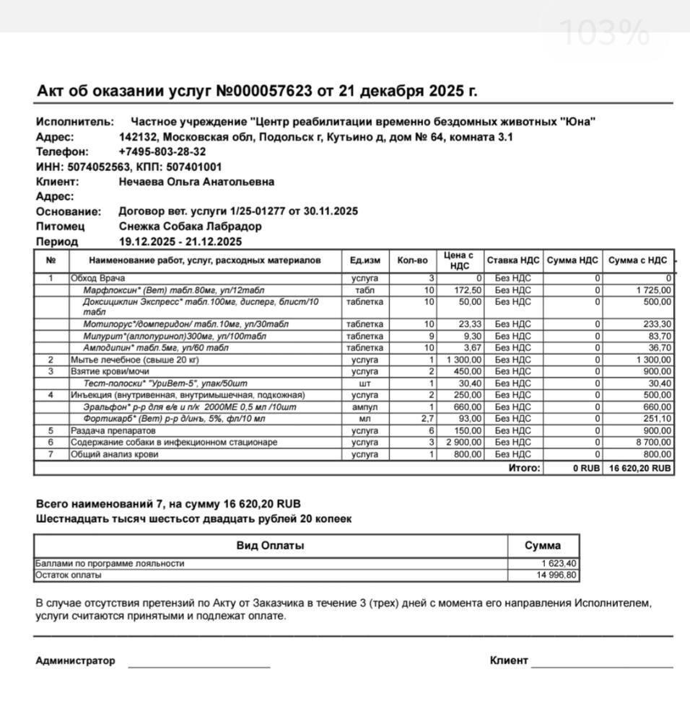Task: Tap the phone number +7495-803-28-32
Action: coord(162,152)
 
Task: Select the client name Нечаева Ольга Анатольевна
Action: coord(196,182)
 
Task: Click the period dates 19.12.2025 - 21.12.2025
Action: coord(180,242)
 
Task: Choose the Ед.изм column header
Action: coord(364,260)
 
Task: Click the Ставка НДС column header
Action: coord(512,260)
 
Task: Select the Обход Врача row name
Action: coord(97,278)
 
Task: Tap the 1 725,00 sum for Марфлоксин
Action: coord(652,291)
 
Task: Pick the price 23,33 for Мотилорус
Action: coord(470,324)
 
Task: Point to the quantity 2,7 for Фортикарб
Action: coord(427,419)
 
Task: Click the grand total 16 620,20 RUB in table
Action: coord(640,468)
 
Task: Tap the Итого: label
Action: coord(524,468)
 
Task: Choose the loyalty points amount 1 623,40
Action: coord(559,564)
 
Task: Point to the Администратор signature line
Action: coord(198,663)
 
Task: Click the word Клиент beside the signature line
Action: coord(509,660)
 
